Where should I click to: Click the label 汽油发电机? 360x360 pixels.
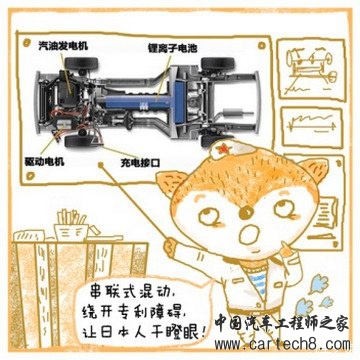[x=63, y=46]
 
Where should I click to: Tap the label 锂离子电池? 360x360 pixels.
[x=173, y=49]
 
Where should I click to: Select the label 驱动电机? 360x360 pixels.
[x=45, y=162]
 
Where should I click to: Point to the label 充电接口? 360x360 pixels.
[x=140, y=163]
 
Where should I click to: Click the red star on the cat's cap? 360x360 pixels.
[x=222, y=148]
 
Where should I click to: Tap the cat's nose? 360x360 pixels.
[x=247, y=210]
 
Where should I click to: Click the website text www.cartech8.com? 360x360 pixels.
[x=283, y=344]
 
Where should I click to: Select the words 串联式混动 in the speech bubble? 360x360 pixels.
[x=128, y=294]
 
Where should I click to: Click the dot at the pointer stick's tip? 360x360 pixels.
[x=101, y=165]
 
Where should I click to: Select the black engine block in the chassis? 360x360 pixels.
[x=66, y=87]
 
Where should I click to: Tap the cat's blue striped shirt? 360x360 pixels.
[x=261, y=283]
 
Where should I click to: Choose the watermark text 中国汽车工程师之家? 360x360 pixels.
[x=282, y=323]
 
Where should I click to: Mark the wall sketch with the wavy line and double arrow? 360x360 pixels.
[x=312, y=127]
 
